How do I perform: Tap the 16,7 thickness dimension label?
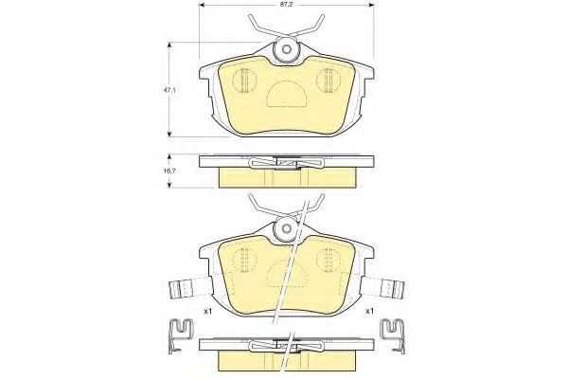tap(169, 171)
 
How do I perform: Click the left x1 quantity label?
tap(208, 311)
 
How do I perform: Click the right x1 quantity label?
tap(369, 311)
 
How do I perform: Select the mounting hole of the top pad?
tap(287, 49)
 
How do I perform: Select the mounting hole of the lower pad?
tap(287, 228)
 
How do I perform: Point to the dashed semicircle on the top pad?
tap(286, 94)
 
